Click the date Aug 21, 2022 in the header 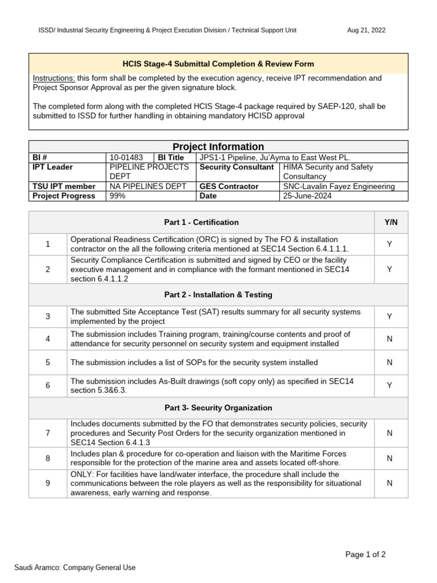pyautogui.click(x=366, y=30)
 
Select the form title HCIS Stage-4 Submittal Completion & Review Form pyautogui.click(x=218, y=64)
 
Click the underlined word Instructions pyautogui.click(x=54, y=78)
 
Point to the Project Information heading pyautogui.click(x=218, y=146)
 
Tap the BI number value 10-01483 pyautogui.click(x=126, y=157)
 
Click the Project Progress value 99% pyautogui.click(x=117, y=196)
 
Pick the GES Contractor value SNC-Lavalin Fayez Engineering pyautogui.click(x=339, y=186)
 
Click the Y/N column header pyautogui.click(x=391, y=222)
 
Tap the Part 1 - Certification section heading pyautogui.click(x=201, y=222)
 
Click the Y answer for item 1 pyautogui.click(x=390, y=244)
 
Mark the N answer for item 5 pyautogui.click(x=390, y=362)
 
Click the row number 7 pyautogui.click(x=48, y=433)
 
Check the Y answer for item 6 pyautogui.click(x=390, y=385)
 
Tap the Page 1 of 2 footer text pyautogui.click(x=366, y=555)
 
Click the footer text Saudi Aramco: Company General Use pyautogui.click(x=75, y=567)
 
